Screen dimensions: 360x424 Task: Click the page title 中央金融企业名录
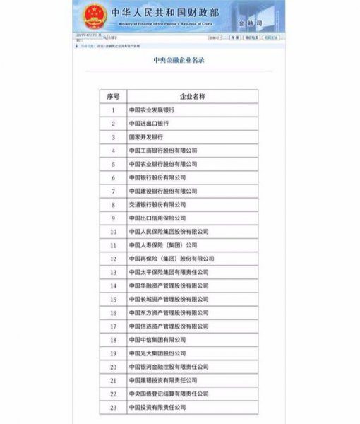[179, 60]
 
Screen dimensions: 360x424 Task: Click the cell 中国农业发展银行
[152, 110]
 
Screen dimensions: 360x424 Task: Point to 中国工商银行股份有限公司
[163, 151]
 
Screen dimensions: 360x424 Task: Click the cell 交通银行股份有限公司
[157, 204]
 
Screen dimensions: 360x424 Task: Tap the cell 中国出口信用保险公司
[157, 218]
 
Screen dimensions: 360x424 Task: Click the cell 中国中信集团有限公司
[157, 340]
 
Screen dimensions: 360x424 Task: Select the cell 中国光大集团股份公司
[157, 353]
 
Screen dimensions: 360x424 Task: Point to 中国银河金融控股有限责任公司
[169, 367]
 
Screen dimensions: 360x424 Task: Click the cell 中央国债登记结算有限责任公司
[169, 394]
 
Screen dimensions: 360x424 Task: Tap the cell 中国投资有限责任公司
[157, 408]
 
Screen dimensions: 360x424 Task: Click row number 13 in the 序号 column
[113, 272]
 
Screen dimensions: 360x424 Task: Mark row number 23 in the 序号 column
[113, 408]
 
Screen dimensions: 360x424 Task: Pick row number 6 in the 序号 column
[113, 177]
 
